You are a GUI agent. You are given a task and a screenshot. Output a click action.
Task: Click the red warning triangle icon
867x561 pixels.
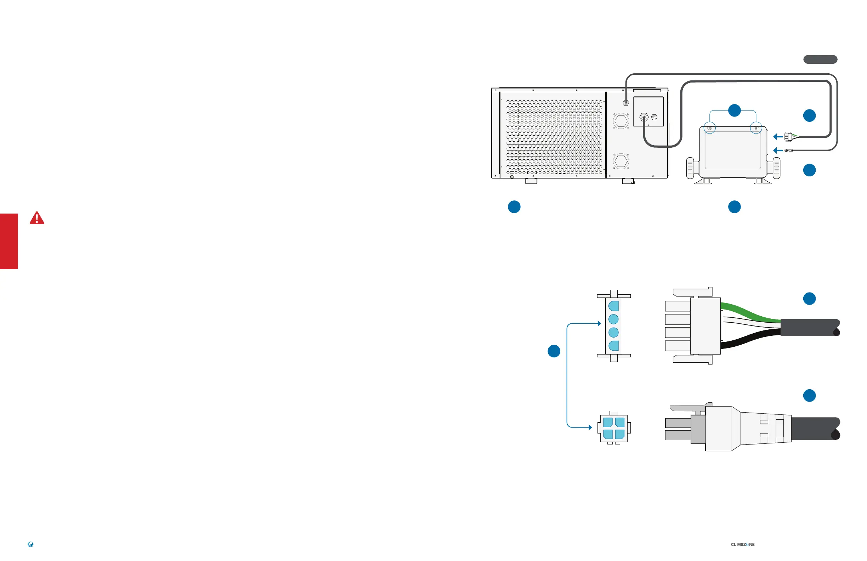click(x=37, y=218)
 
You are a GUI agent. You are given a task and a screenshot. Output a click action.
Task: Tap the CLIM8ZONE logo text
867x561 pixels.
click(x=742, y=545)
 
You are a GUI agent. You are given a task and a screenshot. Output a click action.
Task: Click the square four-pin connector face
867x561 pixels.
click(x=614, y=428)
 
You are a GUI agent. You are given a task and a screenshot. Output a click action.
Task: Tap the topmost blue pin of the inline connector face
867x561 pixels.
click(x=613, y=306)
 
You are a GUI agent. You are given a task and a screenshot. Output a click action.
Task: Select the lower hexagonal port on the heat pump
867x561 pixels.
click(x=621, y=161)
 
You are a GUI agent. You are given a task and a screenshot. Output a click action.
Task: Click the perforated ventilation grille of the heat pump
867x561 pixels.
click(x=554, y=137)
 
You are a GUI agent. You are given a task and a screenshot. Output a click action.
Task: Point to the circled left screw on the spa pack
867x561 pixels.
click(x=710, y=128)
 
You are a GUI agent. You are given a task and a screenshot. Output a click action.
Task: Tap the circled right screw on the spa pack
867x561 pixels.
click(x=756, y=128)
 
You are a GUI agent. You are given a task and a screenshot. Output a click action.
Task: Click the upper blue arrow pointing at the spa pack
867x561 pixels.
click(x=777, y=137)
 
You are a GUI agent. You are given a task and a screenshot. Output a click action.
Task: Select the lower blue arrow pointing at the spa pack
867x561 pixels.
click(x=777, y=151)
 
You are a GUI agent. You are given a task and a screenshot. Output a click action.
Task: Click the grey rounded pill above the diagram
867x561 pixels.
click(x=820, y=59)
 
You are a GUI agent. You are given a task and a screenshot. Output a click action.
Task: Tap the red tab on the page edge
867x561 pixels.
click(x=9, y=241)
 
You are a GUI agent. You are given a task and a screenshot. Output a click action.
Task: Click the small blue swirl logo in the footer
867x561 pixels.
click(x=30, y=544)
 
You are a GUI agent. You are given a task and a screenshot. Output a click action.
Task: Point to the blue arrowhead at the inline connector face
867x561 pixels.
click(x=599, y=323)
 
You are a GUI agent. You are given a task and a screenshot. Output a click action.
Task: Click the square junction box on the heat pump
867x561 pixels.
click(x=648, y=112)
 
